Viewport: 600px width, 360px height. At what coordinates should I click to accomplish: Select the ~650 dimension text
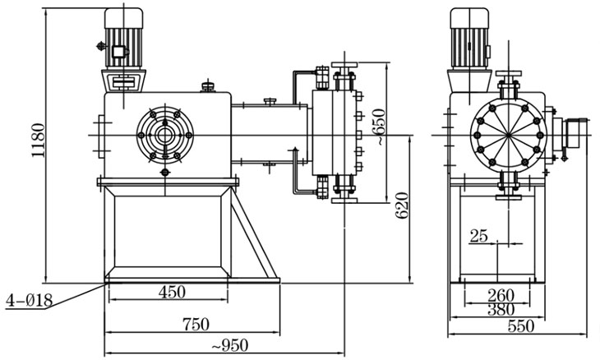point(376,127)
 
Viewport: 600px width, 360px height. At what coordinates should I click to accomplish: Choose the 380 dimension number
point(501,309)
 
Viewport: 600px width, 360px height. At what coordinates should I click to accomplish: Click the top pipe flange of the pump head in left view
point(342,66)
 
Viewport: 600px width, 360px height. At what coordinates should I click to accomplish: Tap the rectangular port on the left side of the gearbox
point(99,134)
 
